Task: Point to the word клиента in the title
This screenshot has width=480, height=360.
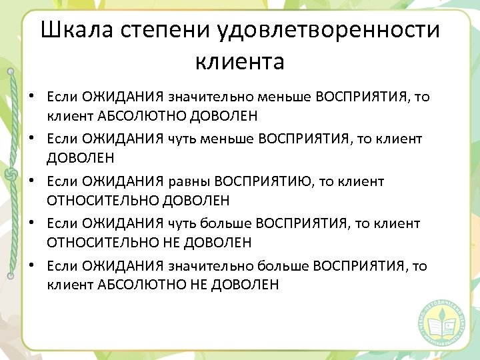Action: click(240, 61)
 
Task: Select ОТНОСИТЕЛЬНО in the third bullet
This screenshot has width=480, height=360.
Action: click(103, 201)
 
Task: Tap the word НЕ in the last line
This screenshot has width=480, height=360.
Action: click(199, 285)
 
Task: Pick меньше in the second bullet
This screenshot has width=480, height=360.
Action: click(227, 139)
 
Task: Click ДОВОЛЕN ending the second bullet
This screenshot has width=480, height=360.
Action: click(81, 159)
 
